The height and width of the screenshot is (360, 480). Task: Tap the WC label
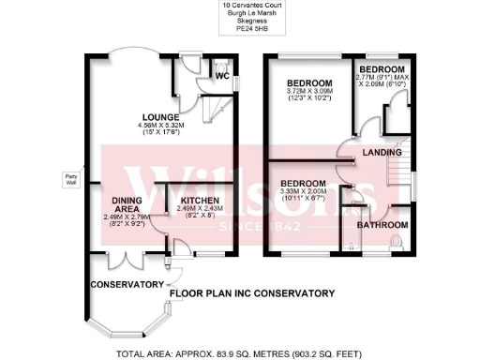point(222,76)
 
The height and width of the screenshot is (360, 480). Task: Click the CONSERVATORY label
point(127,284)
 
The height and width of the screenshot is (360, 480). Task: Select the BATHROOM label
point(385,225)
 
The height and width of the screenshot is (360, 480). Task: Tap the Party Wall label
point(70,178)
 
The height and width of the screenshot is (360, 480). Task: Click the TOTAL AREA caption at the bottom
point(239,353)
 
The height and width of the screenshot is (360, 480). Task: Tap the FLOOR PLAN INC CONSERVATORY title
point(253,293)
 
